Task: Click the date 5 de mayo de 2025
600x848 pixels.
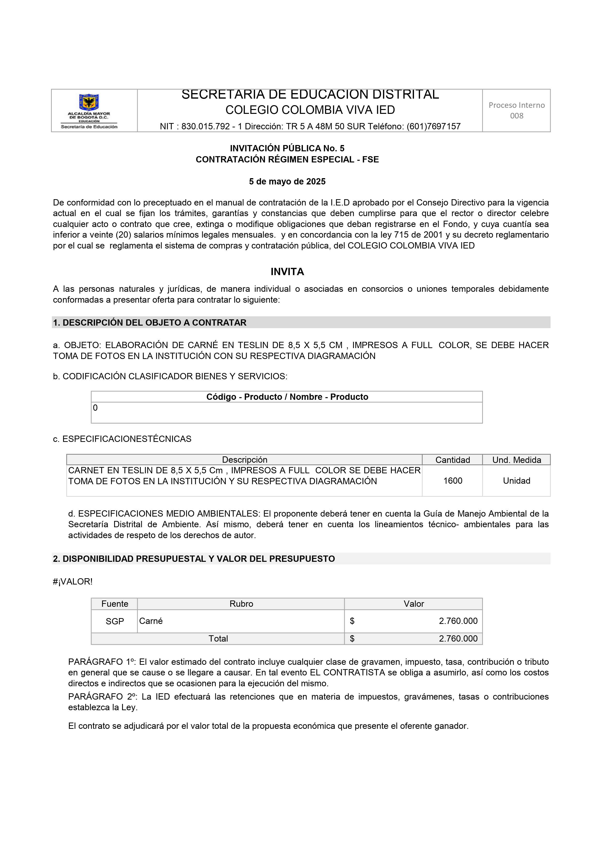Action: coord(287,182)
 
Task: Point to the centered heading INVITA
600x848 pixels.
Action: coord(287,272)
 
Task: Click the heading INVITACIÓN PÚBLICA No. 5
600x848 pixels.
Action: coord(287,148)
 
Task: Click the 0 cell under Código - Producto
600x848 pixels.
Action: coord(95,408)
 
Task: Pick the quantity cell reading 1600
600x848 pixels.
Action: coord(452,481)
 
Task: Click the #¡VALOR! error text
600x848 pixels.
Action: coord(73,582)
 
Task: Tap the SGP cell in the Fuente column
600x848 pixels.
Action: coord(115,621)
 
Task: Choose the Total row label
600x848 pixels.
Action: coord(218,639)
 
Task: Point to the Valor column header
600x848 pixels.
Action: coord(413,604)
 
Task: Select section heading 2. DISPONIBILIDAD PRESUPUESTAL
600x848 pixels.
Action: coord(194,559)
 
